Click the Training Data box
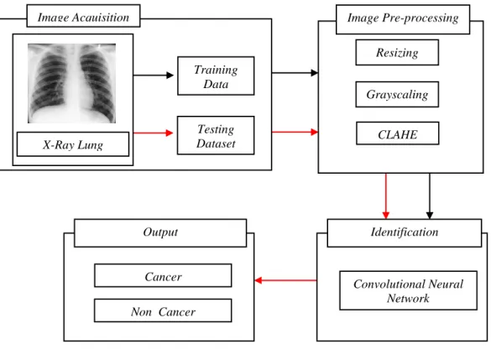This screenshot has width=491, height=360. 216,76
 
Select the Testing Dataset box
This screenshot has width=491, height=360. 216,135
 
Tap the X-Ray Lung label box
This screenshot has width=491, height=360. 73,144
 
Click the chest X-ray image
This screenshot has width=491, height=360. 71,83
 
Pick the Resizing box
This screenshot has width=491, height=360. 397,53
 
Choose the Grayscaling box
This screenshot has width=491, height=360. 397,94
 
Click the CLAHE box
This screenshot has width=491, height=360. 397,133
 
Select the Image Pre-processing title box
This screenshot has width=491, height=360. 403,19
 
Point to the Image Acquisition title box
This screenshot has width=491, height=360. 83,16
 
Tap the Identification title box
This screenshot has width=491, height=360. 405,233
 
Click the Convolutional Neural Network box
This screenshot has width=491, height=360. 409,290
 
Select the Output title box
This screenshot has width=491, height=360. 160,233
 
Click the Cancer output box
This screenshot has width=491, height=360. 163,275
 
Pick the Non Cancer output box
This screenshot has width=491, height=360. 163,310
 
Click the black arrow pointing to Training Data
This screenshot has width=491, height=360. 154,76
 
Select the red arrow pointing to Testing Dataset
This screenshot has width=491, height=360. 153,133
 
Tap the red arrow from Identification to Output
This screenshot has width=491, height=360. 286,280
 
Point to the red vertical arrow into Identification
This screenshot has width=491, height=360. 386,196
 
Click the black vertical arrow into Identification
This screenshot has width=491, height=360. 430,196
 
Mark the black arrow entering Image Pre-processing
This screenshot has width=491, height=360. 295,73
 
